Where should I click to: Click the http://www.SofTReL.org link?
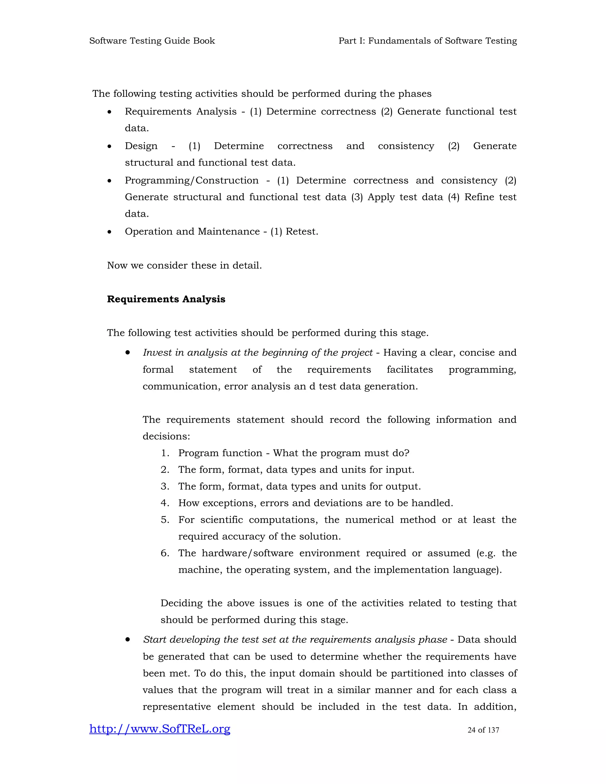[x=159, y=729]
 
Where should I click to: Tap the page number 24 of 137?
[x=483, y=730]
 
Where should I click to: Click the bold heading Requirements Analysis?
[x=166, y=299]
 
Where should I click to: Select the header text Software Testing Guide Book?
[x=152, y=41]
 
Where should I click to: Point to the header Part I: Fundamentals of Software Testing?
[x=428, y=41]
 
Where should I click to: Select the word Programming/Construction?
[x=191, y=180]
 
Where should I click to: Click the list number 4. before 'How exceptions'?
[x=165, y=503]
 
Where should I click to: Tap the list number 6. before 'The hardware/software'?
[x=165, y=553]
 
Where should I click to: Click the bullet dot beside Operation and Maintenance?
[x=109, y=232]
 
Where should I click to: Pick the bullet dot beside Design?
[x=109, y=146]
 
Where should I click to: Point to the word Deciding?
[x=181, y=603]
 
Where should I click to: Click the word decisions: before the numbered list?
[x=166, y=436]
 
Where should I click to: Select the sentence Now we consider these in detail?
[x=184, y=266]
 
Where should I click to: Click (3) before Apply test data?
[x=357, y=197]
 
